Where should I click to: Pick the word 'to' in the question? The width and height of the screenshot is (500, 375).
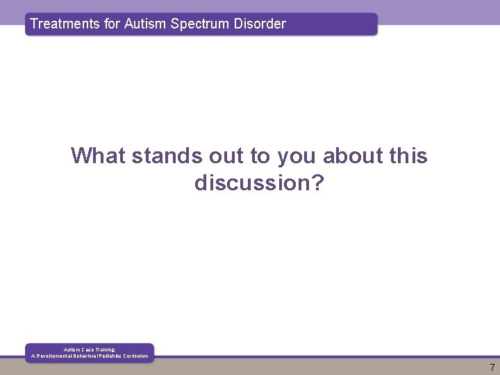pos(260,156)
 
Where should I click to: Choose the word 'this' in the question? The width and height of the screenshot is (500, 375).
pos(408,156)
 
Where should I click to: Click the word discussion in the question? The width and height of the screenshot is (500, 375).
pos(253,183)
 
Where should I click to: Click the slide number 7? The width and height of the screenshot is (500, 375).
pos(492,367)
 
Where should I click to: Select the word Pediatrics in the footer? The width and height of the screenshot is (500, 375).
pos(104,356)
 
